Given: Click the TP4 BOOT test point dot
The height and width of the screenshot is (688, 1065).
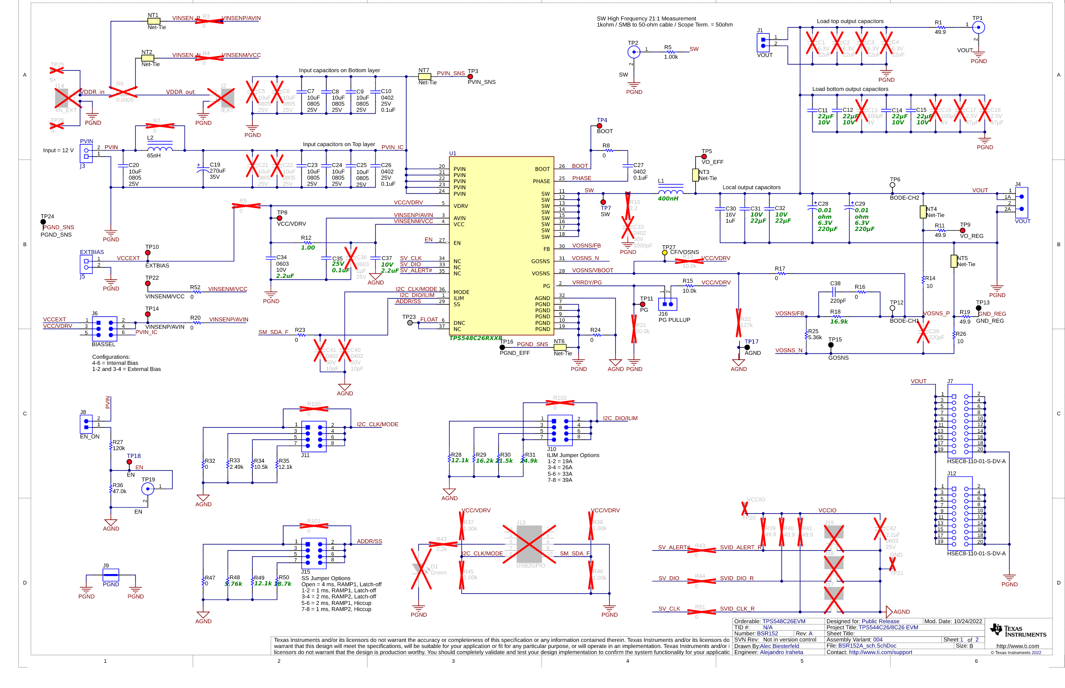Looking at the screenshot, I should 599,126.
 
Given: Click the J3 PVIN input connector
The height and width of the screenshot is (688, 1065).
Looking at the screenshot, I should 86,154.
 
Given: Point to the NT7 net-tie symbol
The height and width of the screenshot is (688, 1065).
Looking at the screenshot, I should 424,77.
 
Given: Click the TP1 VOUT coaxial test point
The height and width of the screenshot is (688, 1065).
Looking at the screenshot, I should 978,28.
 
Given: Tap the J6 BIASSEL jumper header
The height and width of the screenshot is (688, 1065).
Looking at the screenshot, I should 104,329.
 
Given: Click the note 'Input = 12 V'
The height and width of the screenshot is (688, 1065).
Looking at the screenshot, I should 58,150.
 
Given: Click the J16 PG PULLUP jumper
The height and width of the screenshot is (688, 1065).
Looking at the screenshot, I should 667,304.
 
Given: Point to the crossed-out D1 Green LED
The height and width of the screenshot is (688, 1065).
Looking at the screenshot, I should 421,569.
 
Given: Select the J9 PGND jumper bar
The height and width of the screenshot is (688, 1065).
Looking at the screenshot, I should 111,574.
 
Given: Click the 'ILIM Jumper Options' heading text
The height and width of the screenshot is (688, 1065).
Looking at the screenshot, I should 573,455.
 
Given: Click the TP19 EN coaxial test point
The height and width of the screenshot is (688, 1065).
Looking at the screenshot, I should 147,489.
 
